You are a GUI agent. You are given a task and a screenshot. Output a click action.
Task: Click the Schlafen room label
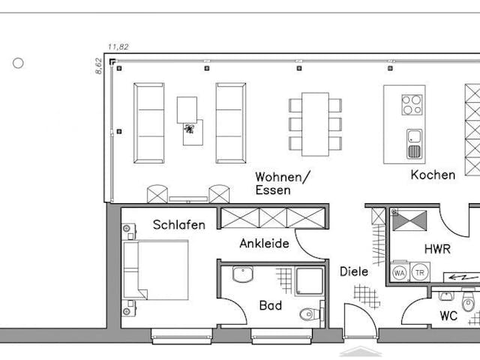pyautogui.click(x=179, y=224)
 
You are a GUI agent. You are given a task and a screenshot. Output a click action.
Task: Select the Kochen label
pyautogui.click(x=433, y=175)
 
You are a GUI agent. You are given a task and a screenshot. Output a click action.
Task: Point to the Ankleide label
pyautogui.click(x=264, y=243)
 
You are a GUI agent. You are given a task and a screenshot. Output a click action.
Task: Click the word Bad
pyautogui.click(x=271, y=305)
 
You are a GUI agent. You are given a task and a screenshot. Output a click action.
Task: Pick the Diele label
pyautogui.click(x=354, y=271)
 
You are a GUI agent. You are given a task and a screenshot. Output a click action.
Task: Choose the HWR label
pyautogui.click(x=437, y=248)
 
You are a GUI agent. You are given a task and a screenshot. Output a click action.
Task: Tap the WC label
pyautogui.click(x=448, y=316)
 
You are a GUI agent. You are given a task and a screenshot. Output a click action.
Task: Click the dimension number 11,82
pyautogui.click(x=118, y=46)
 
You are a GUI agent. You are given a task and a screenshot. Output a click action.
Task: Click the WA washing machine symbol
pyautogui.click(x=400, y=273)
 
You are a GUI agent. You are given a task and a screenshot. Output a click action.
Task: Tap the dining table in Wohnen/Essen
pyautogui.click(x=315, y=124)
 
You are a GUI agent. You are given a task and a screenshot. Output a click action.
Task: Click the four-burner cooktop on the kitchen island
pyautogui.click(x=412, y=104)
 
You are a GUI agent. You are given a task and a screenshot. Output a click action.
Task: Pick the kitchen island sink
pyautogui.click(x=414, y=143)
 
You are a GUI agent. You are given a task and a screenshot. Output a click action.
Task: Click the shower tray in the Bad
pyautogui.click(x=308, y=280)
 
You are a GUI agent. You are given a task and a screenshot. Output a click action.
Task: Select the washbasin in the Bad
pyautogui.click(x=244, y=274)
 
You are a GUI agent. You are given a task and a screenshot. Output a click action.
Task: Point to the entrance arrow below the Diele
pyautogui.click(x=360, y=351)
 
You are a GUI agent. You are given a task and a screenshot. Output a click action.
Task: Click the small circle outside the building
pyautogui.click(x=18, y=63)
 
